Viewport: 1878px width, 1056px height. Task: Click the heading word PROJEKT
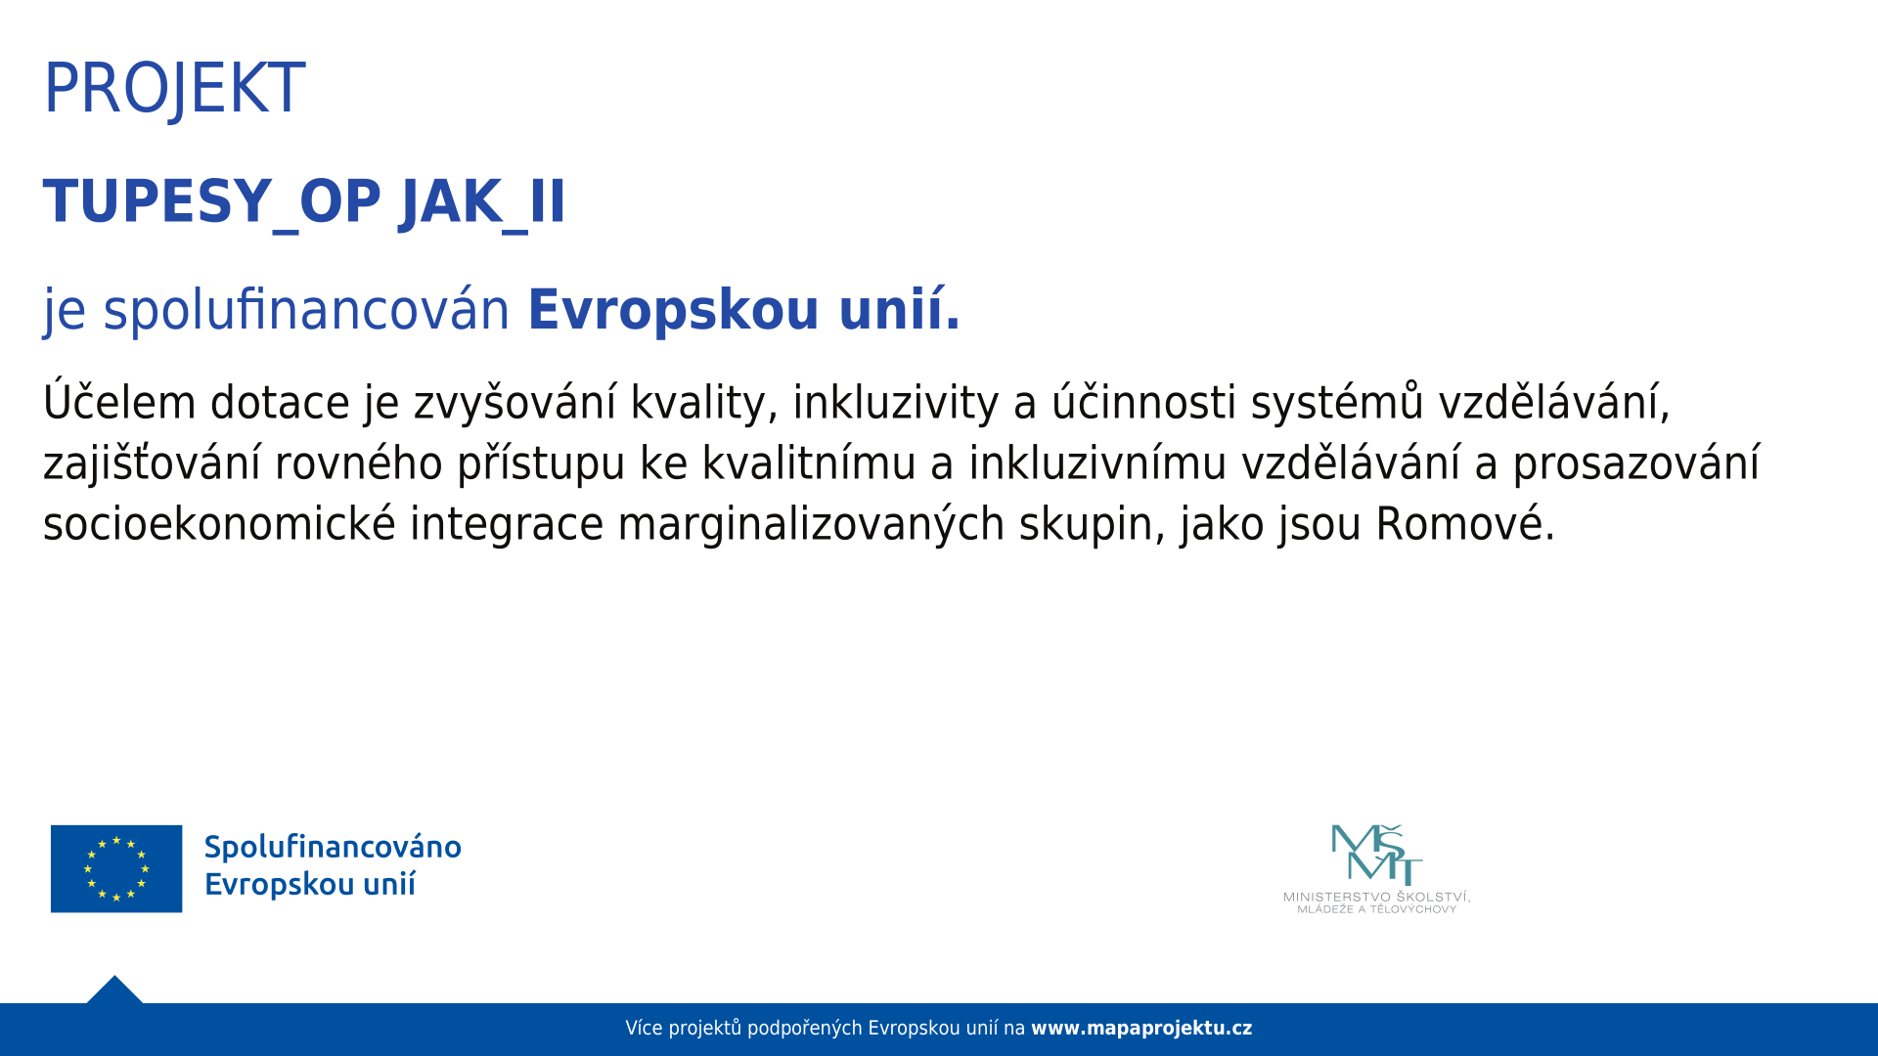click(174, 88)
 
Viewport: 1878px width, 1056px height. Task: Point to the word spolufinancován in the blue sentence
click(306, 310)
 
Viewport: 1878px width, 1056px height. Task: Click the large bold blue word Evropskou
click(673, 310)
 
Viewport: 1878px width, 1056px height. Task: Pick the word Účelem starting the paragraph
click(120, 400)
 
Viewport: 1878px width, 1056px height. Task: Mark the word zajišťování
click(152, 463)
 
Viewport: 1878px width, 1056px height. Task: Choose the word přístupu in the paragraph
click(541, 463)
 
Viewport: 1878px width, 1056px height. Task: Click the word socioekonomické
click(219, 524)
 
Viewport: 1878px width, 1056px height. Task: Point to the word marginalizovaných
click(811, 524)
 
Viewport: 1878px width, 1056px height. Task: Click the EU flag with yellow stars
click(116, 868)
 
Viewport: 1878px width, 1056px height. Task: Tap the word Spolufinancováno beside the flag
click(333, 847)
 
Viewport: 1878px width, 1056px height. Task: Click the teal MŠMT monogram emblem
click(1376, 854)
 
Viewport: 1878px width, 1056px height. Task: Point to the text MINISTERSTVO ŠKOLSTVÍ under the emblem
click(1376, 897)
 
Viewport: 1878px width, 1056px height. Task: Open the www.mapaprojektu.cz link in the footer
click(1141, 1029)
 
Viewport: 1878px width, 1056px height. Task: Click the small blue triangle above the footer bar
click(114, 991)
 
